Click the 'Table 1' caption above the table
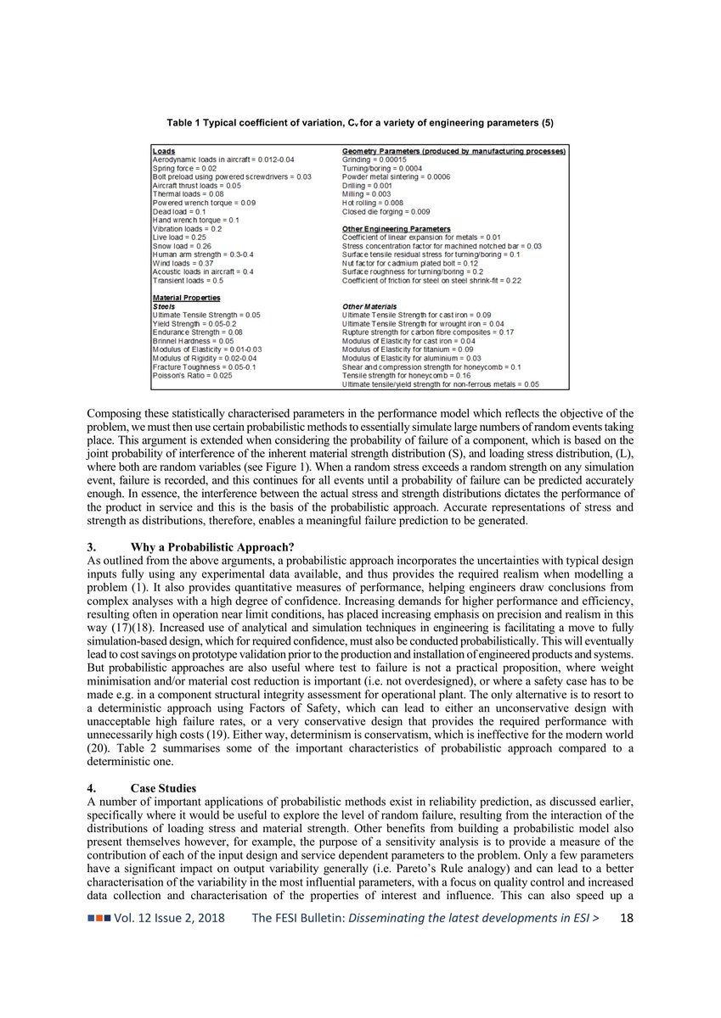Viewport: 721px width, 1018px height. [360, 123]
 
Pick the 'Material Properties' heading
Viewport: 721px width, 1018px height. [186, 298]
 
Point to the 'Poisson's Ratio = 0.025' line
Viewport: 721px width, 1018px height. [192, 374]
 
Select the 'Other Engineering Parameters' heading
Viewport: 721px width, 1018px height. [396, 229]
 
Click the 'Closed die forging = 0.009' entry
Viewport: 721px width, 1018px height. [386, 211]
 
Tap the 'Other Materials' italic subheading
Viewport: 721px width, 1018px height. [369, 306]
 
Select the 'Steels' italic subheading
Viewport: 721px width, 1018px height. [163, 306]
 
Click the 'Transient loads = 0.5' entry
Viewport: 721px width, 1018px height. [188, 280]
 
